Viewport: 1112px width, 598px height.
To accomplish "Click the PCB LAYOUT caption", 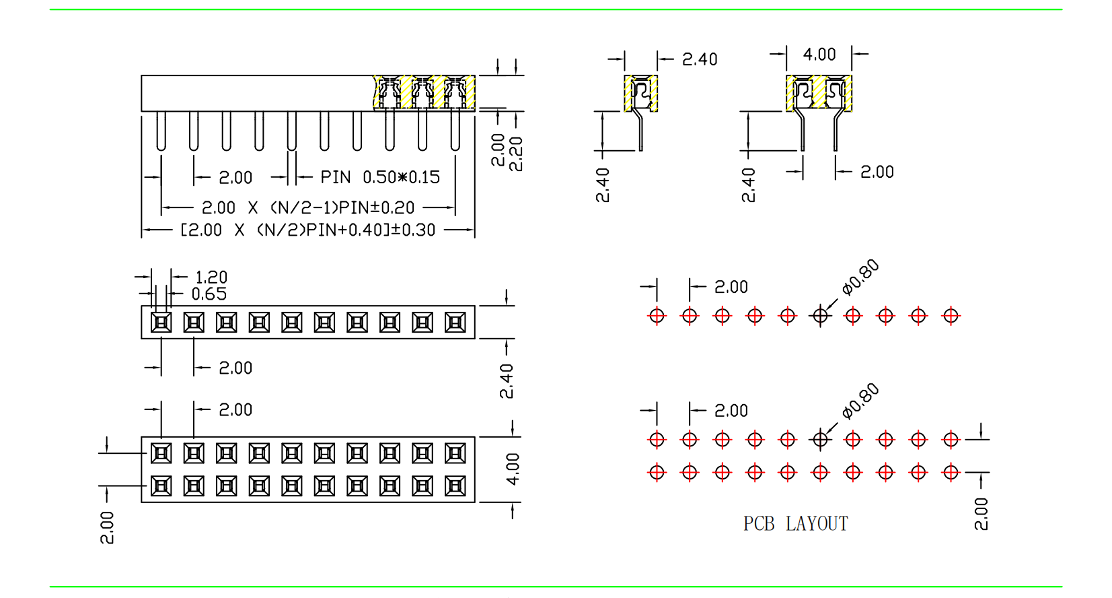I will coord(795,523).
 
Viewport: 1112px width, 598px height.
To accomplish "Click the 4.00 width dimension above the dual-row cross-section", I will coord(819,55).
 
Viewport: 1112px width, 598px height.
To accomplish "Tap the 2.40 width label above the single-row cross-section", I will coord(700,60).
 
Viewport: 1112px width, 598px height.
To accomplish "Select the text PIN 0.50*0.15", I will coord(380,177).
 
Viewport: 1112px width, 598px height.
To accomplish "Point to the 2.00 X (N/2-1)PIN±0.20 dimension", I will coord(308,207).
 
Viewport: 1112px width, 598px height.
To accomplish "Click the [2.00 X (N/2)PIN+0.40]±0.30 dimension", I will coord(308,230).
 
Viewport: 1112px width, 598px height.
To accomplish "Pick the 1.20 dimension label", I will coord(211,277).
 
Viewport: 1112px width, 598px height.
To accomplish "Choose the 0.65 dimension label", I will coord(209,294).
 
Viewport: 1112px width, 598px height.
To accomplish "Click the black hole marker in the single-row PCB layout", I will coord(820,315).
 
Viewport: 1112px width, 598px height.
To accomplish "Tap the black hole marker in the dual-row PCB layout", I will coord(820,440).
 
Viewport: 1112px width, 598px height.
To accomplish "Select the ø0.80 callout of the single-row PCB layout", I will coord(860,277).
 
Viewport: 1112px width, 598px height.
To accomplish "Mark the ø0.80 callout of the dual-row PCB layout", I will coord(860,401).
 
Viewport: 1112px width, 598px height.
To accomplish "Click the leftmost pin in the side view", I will coord(161,131).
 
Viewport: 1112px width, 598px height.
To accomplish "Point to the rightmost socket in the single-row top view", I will coord(455,323).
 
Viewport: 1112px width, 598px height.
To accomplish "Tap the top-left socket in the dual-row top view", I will coord(161,453).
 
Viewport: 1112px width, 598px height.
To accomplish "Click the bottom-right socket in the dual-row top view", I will coord(455,486).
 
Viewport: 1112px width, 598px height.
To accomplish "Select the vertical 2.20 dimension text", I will coord(517,154).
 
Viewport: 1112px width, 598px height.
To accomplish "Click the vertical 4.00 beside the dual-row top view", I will coord(513,469).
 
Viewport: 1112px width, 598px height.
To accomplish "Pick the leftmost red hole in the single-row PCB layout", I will coord(657,315).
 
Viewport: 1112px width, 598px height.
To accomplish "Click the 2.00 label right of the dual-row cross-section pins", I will coord(877,172).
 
